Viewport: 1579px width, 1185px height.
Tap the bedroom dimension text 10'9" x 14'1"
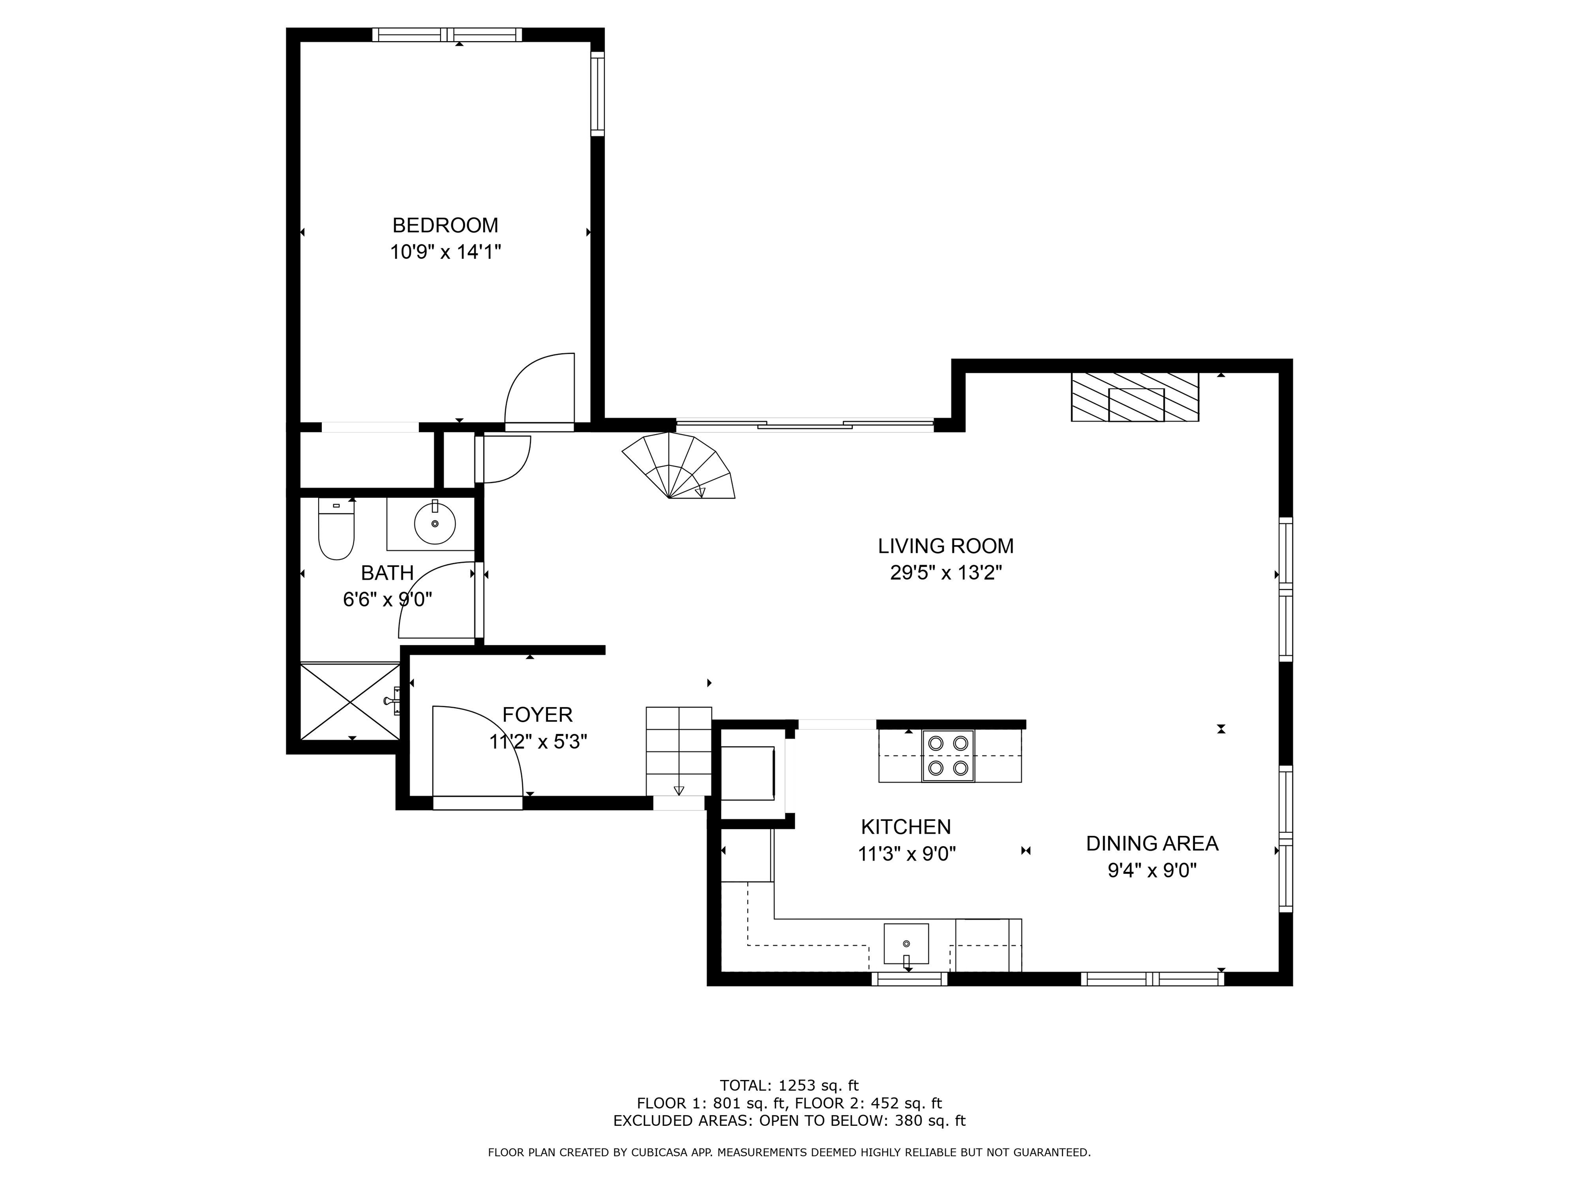pos(446,252)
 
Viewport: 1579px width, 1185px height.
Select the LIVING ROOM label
pos(946,546)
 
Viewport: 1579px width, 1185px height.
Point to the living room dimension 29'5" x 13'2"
pos(946,573)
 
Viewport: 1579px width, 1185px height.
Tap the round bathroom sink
pos(435,524)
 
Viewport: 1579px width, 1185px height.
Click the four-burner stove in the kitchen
pos(948,755)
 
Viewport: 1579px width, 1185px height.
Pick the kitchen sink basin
pos(907,944)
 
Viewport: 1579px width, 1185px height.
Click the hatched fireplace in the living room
pos(1134,397)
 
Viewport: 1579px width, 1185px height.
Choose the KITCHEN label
pos(906,827)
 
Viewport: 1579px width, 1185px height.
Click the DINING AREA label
pos(1152,843)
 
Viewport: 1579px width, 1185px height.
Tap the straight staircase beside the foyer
pos(679,751)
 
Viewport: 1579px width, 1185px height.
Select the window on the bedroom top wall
pos(447,35)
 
